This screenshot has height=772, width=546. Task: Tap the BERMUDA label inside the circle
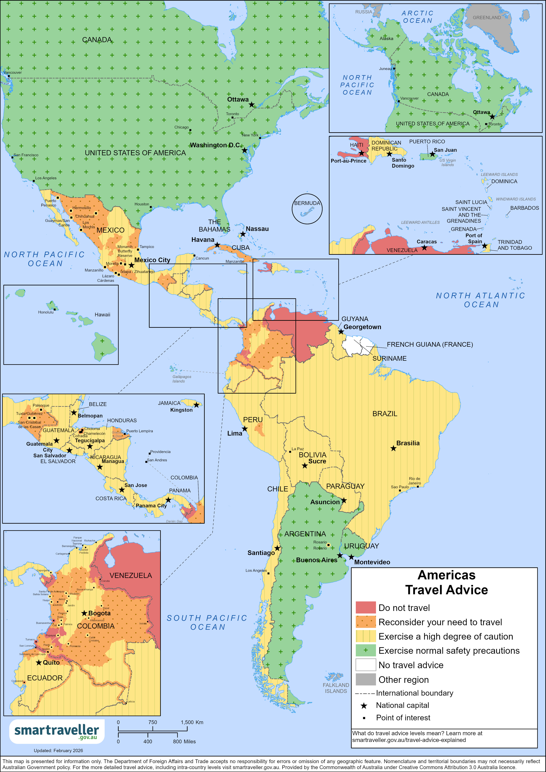coord(307,203)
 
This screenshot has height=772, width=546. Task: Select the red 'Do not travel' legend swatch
coord(365,608)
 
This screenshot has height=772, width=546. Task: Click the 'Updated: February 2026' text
coord(58,751)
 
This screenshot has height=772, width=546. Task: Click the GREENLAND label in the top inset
coord(487,17)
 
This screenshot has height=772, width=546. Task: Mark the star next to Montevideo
coord(351,557)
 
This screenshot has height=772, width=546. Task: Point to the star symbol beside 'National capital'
coord(364,705)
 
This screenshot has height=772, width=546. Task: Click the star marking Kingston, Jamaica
coord(196,405)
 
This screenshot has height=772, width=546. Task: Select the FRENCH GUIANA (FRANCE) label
coord(430,344)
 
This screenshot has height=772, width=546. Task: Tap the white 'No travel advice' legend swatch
coord(365,665)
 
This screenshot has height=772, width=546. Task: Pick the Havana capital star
coord(217,245)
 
